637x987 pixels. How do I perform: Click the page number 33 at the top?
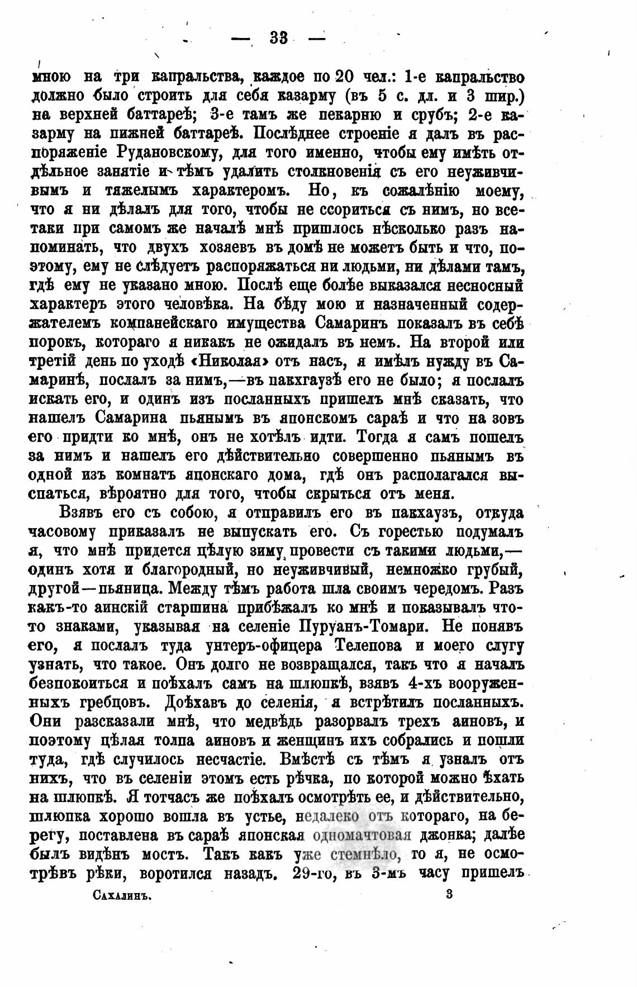coord(278,38)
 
